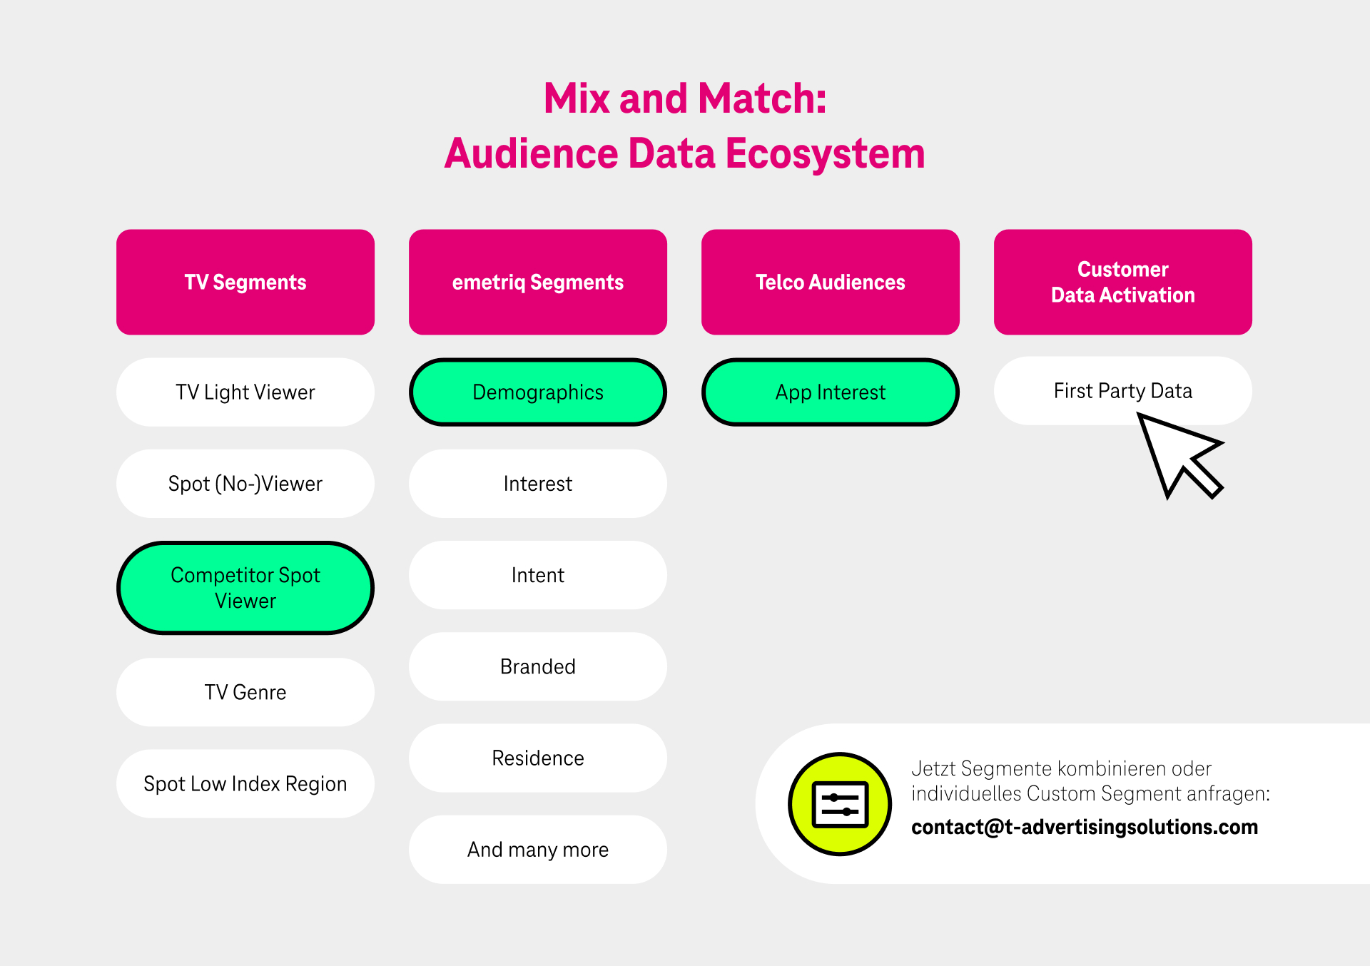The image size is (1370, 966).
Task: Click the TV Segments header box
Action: click(x=245, y=282)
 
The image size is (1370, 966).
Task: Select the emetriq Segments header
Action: click(x=538, y=282)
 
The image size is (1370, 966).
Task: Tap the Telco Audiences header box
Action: click(x=831, y=282)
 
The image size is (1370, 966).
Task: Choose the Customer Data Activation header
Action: click(x=1123, y=282)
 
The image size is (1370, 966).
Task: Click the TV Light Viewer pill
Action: click(x=245, y=392)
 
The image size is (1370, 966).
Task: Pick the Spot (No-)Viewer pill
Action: click(x=245, y=484)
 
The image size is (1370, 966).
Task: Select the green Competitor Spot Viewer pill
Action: click(x=245, y=588)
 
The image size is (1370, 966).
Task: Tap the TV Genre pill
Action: click(x=245, y=692)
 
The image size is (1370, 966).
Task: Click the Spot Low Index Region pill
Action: click(x=245, y=783)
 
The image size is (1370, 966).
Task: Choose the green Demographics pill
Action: click(x=538, y=392)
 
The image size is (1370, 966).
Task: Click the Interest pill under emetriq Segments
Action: click(x=538, y=484)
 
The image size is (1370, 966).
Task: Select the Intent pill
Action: click(x=538, y=575)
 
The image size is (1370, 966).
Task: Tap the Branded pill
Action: click(x=538, y=666)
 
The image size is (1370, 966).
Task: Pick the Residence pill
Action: click(x=538, y=758)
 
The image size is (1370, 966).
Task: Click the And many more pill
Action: click(x=538, y=850)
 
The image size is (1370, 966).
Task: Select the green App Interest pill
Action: click(x=831, y=392)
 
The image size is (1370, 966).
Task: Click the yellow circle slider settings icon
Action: click(x=840, y=804)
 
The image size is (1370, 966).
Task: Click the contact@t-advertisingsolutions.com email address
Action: click(x=1085, y=827)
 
